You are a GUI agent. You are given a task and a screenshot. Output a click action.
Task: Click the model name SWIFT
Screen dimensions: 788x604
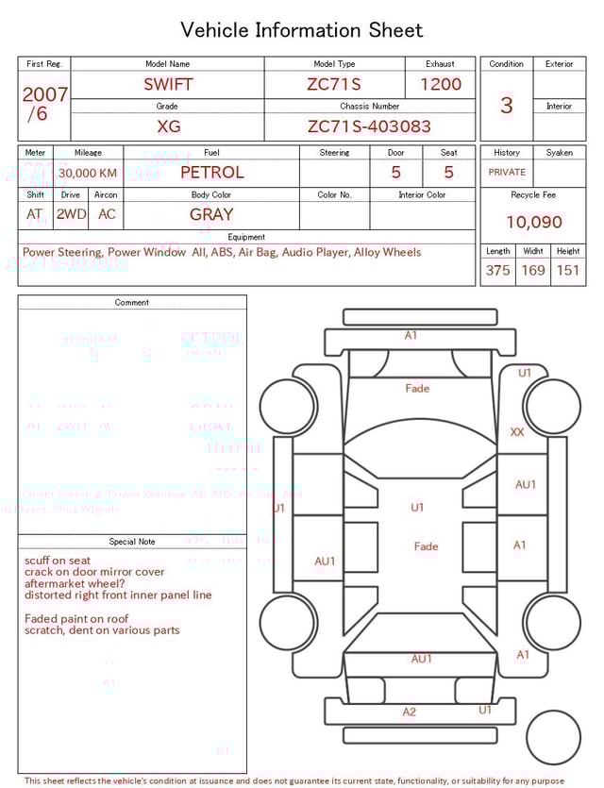tap(168, 84)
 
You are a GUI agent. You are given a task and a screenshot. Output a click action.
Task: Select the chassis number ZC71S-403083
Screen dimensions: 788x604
tap(369, 126)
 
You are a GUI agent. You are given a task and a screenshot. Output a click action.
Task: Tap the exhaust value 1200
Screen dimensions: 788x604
tap(441, 84)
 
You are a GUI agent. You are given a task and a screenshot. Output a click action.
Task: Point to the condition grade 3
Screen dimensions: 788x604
tap(506, 105)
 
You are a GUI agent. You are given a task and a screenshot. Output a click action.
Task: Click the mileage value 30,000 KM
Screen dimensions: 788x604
tap(88, 173)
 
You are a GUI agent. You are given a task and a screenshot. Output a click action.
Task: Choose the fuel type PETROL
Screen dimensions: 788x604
tap(211, 173)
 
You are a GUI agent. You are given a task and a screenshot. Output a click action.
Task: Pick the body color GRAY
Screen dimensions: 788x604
tap(211, 214)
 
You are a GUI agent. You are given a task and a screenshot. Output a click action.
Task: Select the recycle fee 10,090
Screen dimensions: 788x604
tap(533, 222)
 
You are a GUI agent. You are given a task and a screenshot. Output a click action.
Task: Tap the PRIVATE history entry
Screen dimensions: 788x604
tap(507, 172)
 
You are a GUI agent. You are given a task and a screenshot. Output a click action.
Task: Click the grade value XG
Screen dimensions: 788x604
tap(168, 126)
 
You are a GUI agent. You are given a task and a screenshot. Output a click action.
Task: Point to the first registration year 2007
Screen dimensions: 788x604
tap(44, 94)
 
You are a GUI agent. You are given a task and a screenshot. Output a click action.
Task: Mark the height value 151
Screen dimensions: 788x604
tap(568, 271)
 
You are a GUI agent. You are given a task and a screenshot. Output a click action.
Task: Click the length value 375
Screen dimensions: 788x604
tap(497, 271)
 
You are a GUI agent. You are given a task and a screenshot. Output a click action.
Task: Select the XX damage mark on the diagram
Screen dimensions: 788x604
tap(517, 432)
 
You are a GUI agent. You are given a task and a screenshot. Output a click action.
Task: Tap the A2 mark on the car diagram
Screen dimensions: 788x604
tap(409, 713)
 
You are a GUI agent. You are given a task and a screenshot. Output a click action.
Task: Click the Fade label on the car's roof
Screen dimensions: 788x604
tap(426, 546)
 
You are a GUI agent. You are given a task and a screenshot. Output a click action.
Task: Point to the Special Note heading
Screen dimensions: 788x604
tap(132, 542)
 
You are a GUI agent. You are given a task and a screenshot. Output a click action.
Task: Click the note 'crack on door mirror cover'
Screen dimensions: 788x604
tap(94, 572)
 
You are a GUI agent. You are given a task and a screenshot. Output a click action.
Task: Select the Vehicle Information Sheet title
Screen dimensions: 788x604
tap(302, 30)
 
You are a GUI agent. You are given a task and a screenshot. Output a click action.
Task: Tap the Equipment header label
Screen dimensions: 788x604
tap(246, 237)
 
